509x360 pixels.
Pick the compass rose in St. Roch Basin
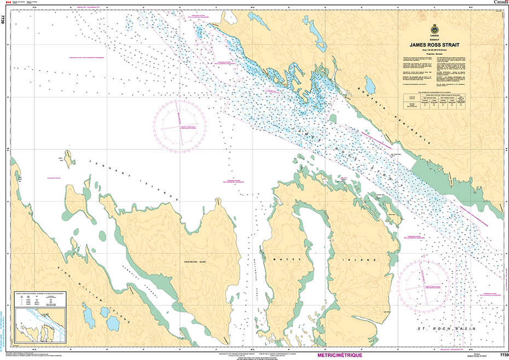(423, 283)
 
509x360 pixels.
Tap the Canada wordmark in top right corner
(500, 3)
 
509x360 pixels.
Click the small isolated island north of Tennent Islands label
(70, 158)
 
